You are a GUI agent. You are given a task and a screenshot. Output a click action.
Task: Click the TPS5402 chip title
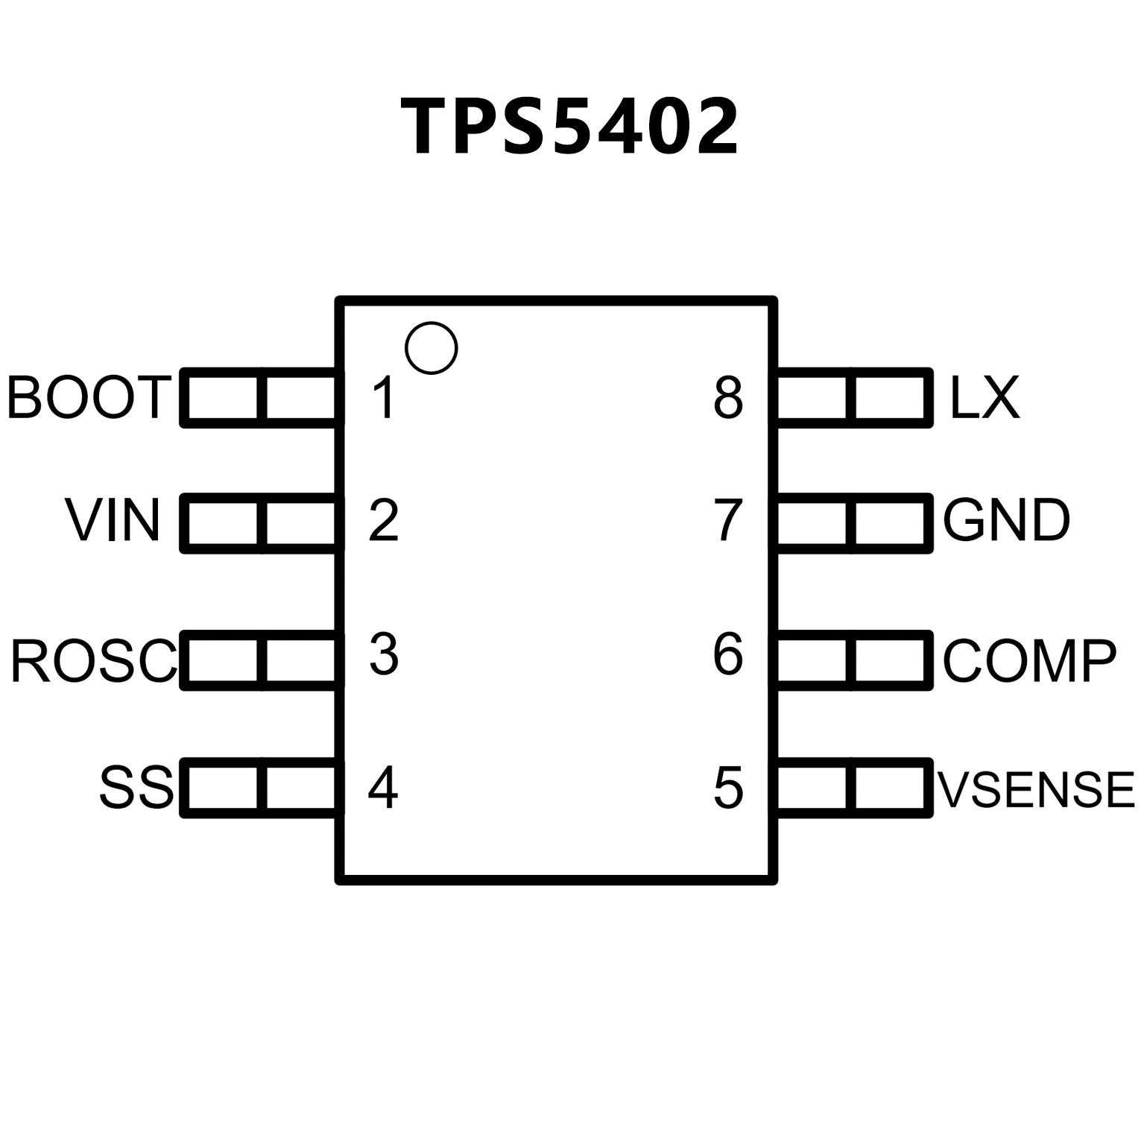570,127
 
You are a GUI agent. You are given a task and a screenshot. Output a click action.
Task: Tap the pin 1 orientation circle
431,348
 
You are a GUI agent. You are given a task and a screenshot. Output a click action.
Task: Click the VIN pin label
113,520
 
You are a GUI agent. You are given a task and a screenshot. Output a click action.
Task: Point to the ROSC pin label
94,660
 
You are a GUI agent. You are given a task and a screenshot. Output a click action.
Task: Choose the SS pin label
136,788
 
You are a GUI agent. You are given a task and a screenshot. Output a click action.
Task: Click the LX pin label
984,397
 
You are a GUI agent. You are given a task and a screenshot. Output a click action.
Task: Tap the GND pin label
1006,520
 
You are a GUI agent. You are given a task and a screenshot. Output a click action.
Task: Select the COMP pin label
1030,660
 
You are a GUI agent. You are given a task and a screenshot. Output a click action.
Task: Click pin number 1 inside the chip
384,397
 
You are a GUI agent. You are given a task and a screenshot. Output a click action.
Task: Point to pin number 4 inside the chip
383,788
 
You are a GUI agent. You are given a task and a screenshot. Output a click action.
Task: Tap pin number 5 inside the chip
728,788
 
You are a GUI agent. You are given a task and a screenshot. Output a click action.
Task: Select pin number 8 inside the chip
728,397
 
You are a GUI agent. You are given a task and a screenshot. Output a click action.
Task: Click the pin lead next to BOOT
259,398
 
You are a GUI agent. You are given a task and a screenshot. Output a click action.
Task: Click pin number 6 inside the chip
728,655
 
